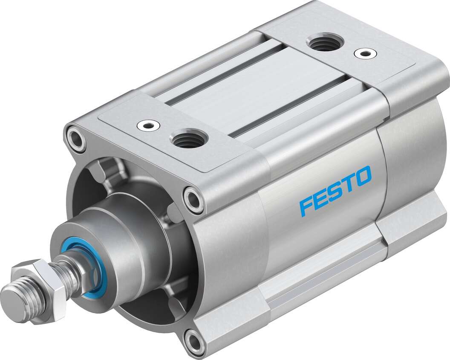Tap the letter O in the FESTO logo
pyautogui.click(x=362, y=176)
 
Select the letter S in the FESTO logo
pyautogui.click(x=335, y=191)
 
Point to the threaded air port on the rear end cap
pyautogui.click(x=323, y=43)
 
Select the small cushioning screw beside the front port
pyautogui.click(x=148, y=125)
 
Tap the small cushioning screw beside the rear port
pyautogui.click(x=365, y=54)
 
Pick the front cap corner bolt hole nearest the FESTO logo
pyautogui.click(x=194, y=200)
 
